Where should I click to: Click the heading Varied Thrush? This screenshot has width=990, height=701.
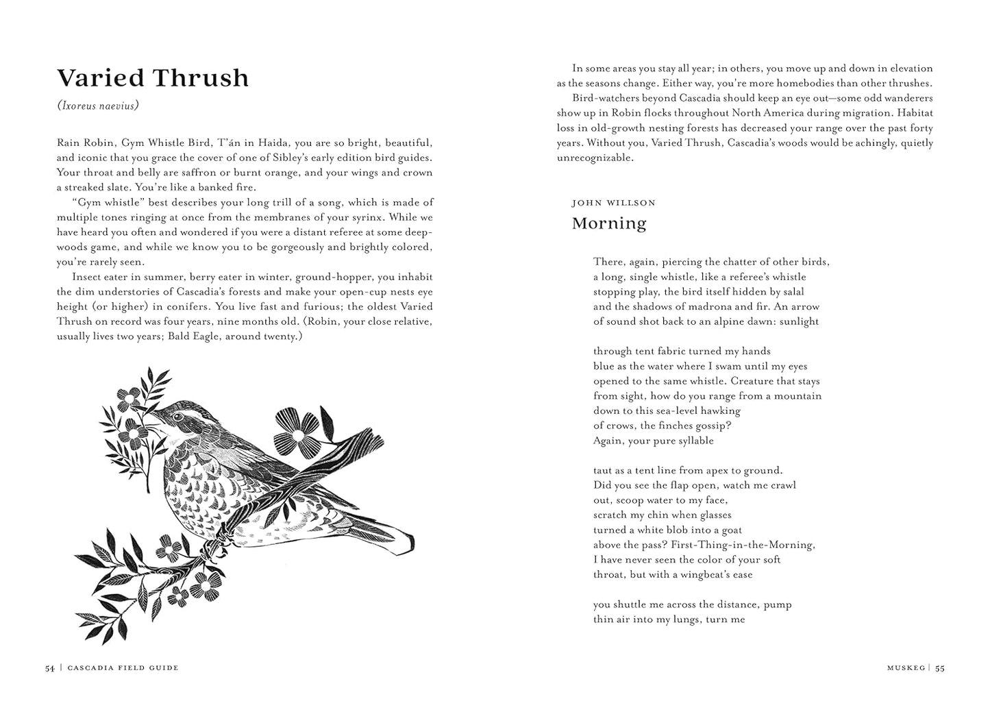click(153, 78)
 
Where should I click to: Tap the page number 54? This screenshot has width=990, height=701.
click(50, 668)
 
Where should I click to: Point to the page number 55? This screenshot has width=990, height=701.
click(940, 668)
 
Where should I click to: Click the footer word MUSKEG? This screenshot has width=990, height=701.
click(906, 668)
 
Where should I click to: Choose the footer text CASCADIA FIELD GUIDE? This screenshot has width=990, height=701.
click(123, 668)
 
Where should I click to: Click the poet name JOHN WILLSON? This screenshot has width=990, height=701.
click(613, 203)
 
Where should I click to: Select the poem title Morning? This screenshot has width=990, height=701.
click(609, 223)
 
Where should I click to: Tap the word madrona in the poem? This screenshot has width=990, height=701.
click(688, 306)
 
